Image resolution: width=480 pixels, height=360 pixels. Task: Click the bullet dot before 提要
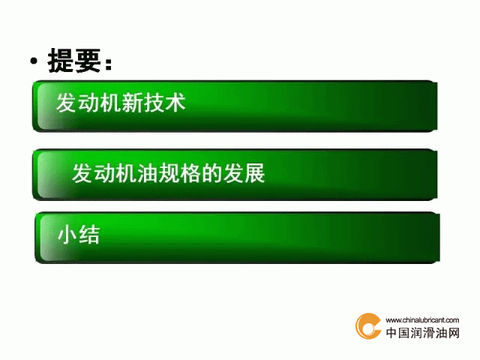(x=34, y=61)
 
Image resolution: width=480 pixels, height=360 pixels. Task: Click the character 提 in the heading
(x=61, y=61)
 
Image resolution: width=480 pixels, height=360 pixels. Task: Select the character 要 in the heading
(x=88, y=61)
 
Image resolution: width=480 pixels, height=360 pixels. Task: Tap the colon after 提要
(x=108, y=64)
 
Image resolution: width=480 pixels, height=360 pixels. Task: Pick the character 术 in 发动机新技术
(x=175, y=103)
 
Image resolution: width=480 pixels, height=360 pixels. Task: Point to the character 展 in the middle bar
(x=255, y=173)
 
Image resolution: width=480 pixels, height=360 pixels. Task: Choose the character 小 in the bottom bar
(x=67, y=235)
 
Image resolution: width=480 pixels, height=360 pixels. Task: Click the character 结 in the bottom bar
(x=89, y=235)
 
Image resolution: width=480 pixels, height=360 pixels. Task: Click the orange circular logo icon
(x=368, y=326)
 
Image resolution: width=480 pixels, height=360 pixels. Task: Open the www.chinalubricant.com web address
(x=422, y=320)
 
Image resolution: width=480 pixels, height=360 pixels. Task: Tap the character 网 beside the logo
(x=453, y=333)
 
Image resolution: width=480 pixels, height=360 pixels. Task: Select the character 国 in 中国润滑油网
(x=404, y=333)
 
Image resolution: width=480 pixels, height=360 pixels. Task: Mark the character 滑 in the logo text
(x=428, y=333)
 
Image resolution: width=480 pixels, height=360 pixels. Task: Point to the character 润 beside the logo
(x=416, y=333)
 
